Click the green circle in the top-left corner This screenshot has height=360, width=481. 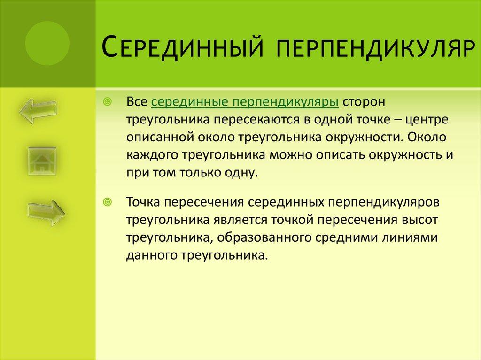[47, 44]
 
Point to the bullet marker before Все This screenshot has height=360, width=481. [107, 102]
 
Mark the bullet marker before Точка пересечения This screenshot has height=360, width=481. [107, 202]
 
